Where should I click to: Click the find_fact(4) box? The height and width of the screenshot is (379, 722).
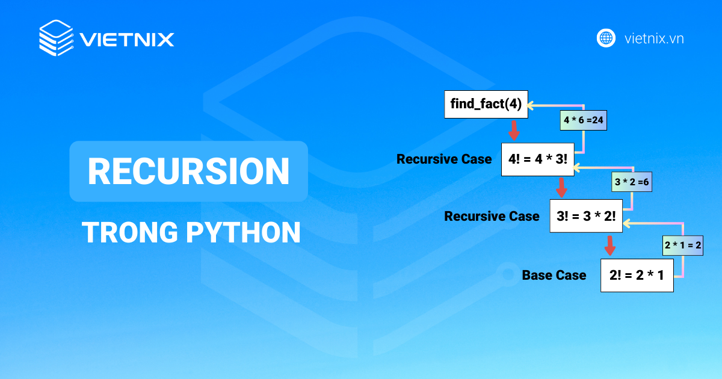pyautogui.click(x=486, y=105)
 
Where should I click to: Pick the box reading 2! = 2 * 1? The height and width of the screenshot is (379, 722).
pyautogui.click(x=637, y=275)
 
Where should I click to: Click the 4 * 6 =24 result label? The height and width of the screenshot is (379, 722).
pyautogui.click(x=583, y=120)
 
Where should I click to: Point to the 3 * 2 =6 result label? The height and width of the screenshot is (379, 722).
pyautogui.click(x=632, y=182)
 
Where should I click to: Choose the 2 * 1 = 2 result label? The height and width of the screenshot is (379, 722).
pyautogui.click(x=683, y=245)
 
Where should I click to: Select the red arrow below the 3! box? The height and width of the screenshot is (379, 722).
pyautogui.click(x=609, y=245)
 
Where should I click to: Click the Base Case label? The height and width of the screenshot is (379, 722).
pyautogui.click(x=554, y=276)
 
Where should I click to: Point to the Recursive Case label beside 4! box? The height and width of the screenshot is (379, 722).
pyautogui.click(x=444, y=159)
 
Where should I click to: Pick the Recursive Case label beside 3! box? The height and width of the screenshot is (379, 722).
pyautogui.click(x=492, y=216)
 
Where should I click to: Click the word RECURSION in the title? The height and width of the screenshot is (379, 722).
pyautogui.click(x=188, y=171)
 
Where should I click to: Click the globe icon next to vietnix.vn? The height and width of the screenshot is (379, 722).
pyautogui.click(x=606, y=38)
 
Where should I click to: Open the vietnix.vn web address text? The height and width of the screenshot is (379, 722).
pyautogui.click(x=654, y=39)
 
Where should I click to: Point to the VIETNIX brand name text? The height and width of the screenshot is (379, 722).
pyautogui.click(x=127, y=40)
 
